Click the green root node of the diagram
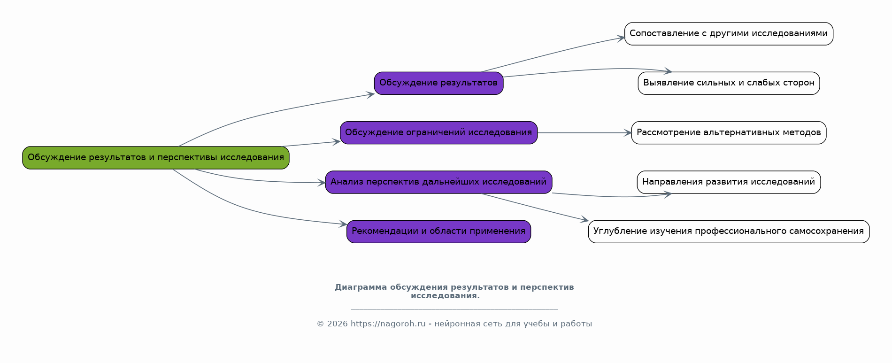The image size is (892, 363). point(155,158)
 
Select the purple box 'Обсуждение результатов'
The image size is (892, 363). point(438,83)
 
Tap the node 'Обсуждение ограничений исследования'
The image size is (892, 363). point(438,133)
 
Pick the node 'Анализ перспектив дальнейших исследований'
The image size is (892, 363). point(438,182)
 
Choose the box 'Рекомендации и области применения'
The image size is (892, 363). point(438,232)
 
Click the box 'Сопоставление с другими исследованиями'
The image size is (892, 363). point(729,34)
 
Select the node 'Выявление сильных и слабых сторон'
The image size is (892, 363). point(729,83)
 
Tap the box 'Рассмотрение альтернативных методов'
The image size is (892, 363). point(729,133)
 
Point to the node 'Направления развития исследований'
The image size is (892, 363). point(729,182)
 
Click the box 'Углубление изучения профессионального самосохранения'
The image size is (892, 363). point(729,232)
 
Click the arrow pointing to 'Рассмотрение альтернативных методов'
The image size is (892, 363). point(584,133)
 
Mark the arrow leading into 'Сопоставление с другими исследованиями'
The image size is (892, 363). point(554,53)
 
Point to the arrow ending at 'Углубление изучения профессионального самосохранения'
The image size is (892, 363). point(535,207)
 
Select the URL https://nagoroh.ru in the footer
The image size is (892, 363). point(388,324)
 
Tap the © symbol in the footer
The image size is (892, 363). point(320,324)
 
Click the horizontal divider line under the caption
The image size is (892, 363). point(454,309)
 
